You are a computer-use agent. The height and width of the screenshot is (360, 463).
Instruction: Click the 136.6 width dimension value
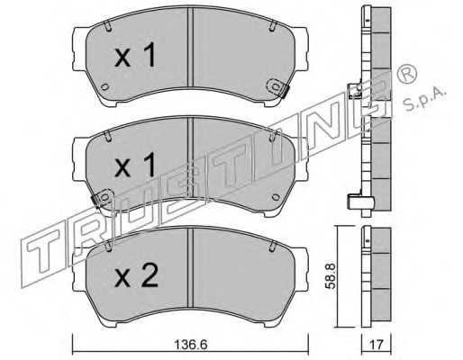coord(191,344)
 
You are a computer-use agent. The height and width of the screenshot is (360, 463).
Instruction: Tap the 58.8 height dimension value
coord(331,276)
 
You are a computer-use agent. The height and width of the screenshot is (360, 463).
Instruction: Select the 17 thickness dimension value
coord(377,345)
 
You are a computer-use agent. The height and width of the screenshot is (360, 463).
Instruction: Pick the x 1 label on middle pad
coord(135,165)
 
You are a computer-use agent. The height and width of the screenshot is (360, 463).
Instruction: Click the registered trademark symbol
coord(406,74)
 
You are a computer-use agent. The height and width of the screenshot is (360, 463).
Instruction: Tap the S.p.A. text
coord(424,99)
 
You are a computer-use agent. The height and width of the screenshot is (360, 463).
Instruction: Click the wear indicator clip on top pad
coord(277,87)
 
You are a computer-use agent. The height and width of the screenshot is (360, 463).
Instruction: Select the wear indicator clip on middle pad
coord(102,198)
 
